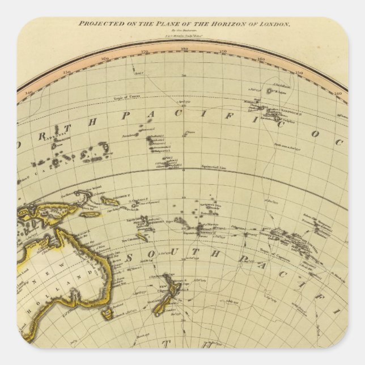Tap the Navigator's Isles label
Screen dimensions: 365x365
pos(209,206)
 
